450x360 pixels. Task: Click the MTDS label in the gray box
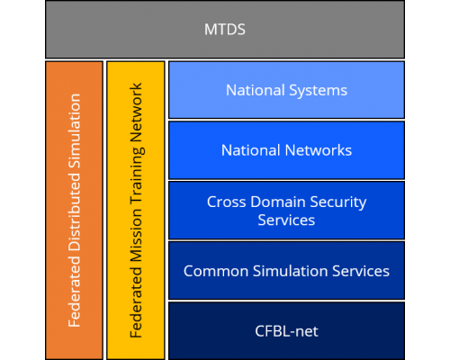(225, 30)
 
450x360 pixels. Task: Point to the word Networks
(319, 150)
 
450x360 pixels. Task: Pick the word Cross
(227, 202)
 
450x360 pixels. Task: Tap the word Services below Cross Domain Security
(286, 220)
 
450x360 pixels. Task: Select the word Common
(216, 271)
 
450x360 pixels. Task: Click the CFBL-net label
(286, 331)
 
